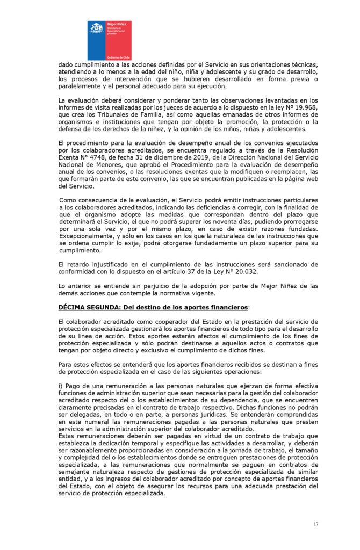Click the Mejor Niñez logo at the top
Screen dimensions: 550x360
tap(109, 40)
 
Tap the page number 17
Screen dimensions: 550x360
tap(316, 524)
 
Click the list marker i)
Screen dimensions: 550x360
tap(61, 386)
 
